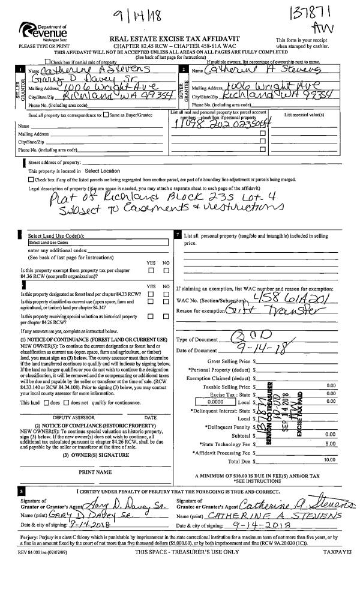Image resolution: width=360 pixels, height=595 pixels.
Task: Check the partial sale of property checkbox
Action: point(47,62)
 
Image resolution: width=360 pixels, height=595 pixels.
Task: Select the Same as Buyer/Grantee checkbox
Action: point(106,115)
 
